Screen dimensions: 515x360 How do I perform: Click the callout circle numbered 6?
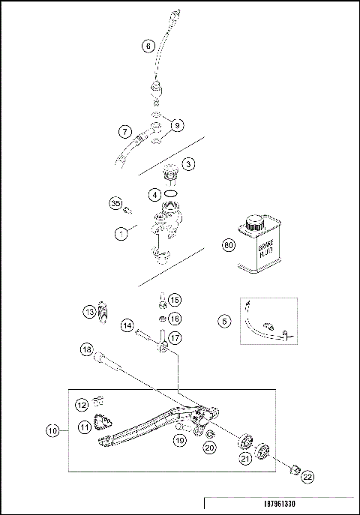tap(148, 46)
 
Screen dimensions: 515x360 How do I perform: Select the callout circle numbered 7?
tap(125, 132)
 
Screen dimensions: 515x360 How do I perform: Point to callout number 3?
tap(189, 163)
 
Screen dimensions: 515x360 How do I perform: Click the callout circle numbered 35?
tap(115, 204)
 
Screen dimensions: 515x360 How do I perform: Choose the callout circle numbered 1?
tap(119, 234)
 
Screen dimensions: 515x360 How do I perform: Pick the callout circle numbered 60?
tap(229, 244)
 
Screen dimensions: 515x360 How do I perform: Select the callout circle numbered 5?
tap(224, 322)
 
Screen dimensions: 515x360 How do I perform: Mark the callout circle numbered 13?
tap(88, 311)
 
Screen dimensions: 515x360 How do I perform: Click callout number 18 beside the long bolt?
tap(88, 349)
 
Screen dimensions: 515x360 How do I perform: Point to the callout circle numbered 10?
tap(52, 431)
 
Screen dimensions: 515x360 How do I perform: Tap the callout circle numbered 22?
tap(308, 475)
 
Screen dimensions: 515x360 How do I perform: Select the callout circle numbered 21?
tap(245, 457)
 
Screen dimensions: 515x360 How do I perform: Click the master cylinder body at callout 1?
tap(166, 232)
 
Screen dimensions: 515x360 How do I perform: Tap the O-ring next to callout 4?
tap(172, 193)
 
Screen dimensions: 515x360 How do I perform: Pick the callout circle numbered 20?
tap(209, 448)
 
